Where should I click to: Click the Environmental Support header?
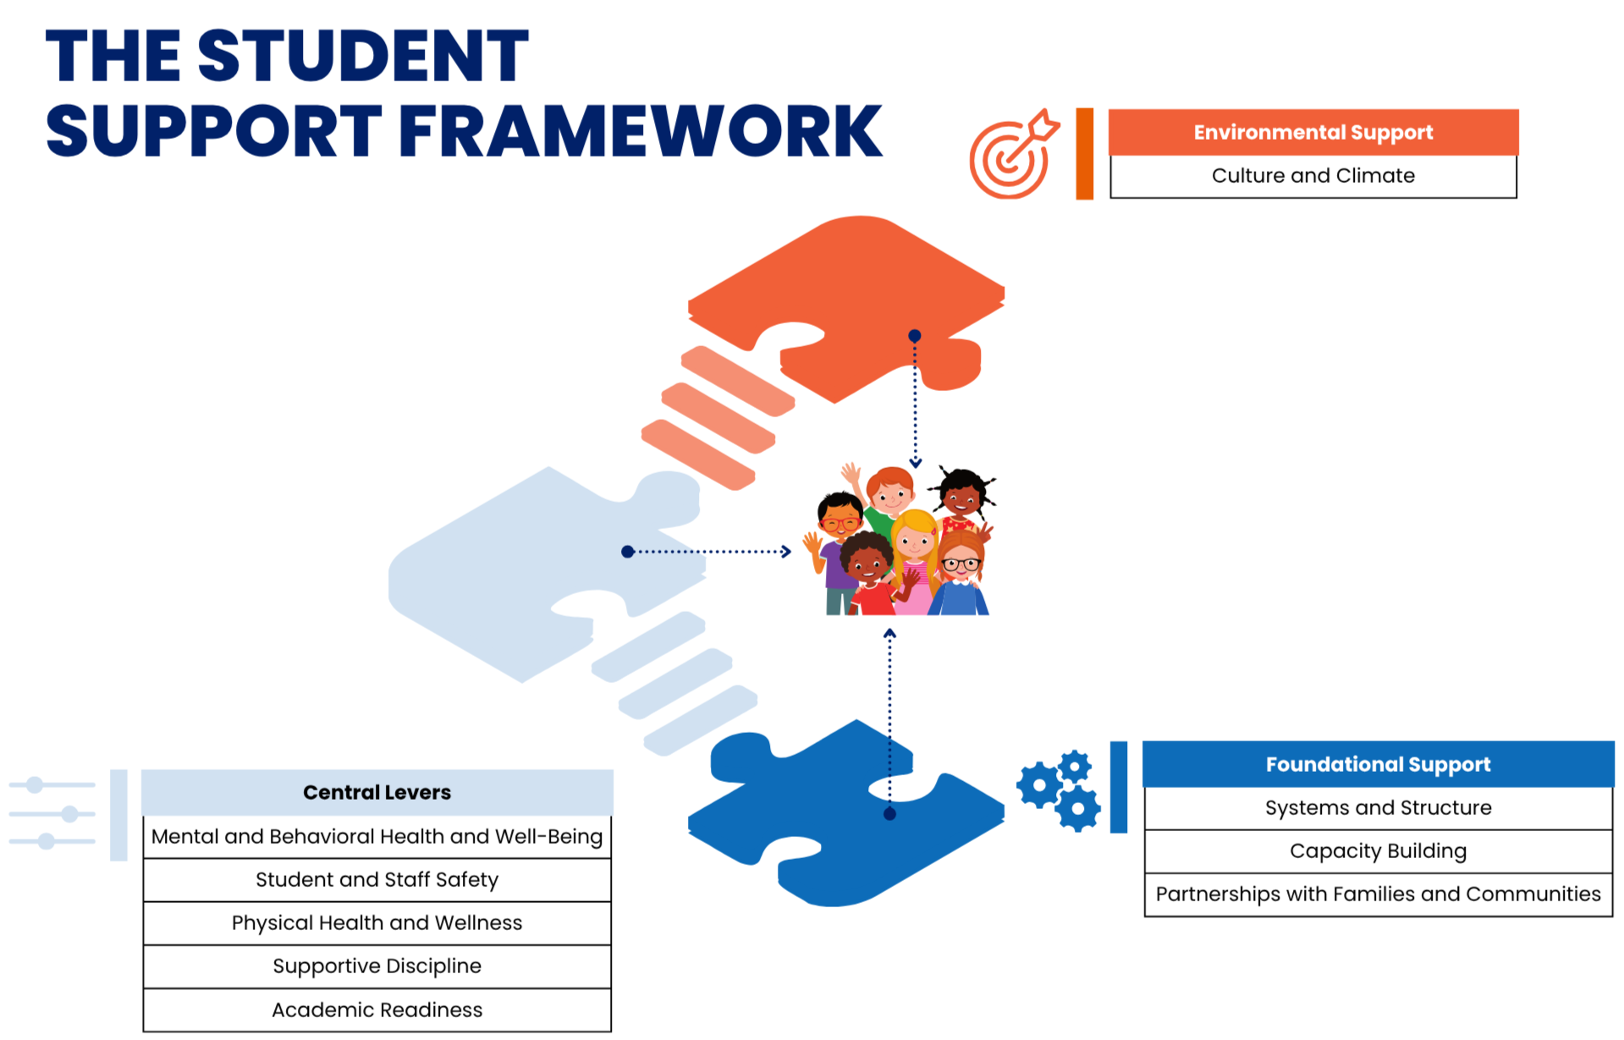point(1313,132)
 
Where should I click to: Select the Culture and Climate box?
point(1313,176)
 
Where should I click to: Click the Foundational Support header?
point(1378,764)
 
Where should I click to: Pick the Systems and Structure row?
point(1378,808)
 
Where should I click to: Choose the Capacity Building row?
point(1378,851)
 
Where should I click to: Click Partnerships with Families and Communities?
point(1378,894)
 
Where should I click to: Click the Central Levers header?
point(377,792)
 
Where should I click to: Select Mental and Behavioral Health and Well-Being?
point(377,837)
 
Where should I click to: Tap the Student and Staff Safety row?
point(377,880)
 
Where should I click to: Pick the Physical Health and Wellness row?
point(377,923)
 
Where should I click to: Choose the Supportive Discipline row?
point(377,966)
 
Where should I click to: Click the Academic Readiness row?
point(377,1010)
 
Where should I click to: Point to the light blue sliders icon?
point(52,813)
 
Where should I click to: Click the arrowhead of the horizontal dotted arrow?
point(786,552)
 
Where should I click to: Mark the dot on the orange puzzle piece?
point(914,336)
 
